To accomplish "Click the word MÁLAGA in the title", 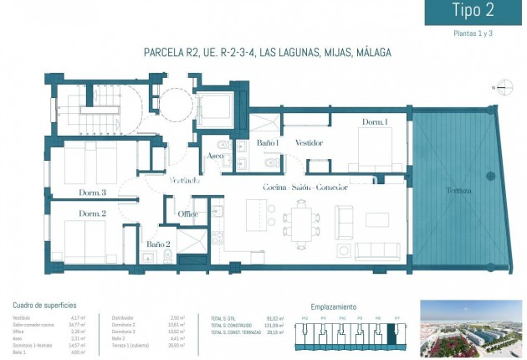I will pos(373,53).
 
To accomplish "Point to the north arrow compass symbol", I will pos(500,87).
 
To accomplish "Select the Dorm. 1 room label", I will pos(375,123).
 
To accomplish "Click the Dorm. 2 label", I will pos(92,213).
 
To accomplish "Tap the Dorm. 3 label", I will pos(93,193).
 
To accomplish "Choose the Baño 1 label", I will pos(268,143).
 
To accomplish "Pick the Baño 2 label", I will pos(158,244).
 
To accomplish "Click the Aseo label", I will pos(214,157).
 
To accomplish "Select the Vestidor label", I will pos(309,143).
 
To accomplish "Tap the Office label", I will pos(188,213).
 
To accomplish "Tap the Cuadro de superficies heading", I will pos(45,306).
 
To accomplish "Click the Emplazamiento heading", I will pos(333,306).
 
